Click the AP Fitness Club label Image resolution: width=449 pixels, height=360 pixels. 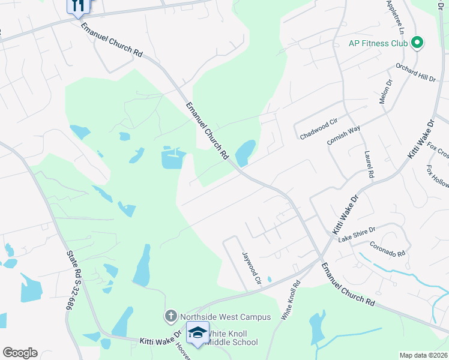378,43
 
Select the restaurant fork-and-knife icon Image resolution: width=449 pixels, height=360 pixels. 78,5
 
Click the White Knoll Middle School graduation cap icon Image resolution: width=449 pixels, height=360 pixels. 197,332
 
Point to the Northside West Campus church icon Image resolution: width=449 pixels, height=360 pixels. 170,316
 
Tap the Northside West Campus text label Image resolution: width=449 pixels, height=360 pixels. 224,317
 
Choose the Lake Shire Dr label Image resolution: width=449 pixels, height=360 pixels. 357,235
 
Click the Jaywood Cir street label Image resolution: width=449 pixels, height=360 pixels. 251,268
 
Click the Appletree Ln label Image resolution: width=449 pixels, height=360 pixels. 397,16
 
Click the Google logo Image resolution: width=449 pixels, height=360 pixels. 20,353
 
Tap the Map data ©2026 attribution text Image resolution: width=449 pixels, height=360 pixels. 423,355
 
